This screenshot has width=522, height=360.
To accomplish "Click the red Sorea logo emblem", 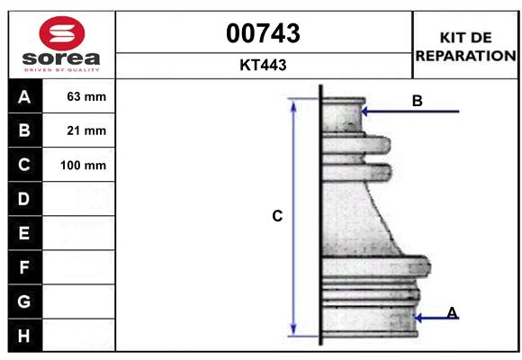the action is click(62, 33).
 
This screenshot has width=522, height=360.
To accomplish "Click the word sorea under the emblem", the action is click(61, 58).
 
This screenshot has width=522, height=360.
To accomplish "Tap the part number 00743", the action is click(263, 33).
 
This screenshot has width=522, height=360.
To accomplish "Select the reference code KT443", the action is click(263, 65).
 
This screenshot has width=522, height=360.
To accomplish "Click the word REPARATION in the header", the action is click(465, 56).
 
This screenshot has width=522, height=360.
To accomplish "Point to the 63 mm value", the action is click(86, 96).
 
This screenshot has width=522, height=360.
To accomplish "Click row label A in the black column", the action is click(24, 97).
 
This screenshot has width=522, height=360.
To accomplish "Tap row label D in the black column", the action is click(23, 199).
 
